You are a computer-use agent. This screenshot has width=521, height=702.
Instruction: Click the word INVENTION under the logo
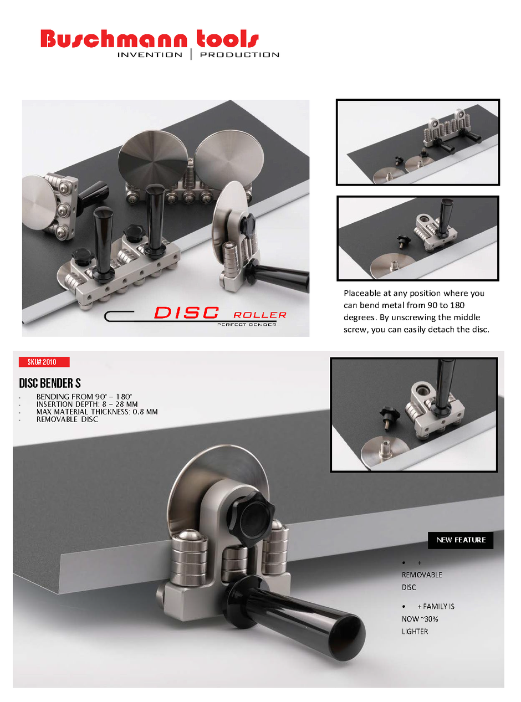tap(150, 55)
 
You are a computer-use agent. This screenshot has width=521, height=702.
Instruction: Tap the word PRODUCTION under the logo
tap(239, 55)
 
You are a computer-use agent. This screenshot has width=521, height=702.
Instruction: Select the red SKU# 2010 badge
tap(44, 362)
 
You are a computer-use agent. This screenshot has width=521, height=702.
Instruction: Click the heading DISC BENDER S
tap(50, 383)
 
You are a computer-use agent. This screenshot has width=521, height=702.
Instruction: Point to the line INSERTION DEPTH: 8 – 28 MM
tap(87, 404)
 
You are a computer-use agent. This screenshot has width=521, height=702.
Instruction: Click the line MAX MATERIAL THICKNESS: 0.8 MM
tap(97, 412)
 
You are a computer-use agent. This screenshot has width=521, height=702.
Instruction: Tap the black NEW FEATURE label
tap(461, 540)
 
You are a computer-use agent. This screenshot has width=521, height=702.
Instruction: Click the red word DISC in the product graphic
tap(186, 313)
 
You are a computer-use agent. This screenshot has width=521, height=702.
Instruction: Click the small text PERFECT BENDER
tap(247, 324)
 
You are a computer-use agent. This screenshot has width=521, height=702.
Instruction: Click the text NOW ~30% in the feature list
tap(420, 619)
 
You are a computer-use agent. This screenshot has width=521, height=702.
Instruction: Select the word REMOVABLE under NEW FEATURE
tap(422, 575)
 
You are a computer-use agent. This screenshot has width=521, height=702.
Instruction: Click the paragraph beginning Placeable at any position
tap(416, 311)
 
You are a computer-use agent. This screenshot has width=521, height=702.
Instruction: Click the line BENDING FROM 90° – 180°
tap(84, 397)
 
